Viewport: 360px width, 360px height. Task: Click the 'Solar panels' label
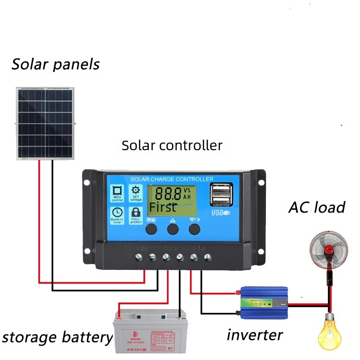(x=56, y=64)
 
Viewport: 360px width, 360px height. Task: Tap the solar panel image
(x=46, y=122)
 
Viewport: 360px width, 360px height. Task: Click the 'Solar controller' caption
(x=172, y=145)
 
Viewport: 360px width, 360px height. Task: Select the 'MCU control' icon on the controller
(x=117, y=194)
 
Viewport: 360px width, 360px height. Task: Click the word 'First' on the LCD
(x=162, y=207)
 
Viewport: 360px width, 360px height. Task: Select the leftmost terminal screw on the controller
(x=138, y=257)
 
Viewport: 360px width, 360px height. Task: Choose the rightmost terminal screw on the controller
(x=207, y=257)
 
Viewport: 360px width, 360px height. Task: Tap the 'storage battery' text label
(x=57, y=337)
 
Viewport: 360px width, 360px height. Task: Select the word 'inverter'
(x=254, y=335)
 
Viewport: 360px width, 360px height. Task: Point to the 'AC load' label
(x=317, y=207)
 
